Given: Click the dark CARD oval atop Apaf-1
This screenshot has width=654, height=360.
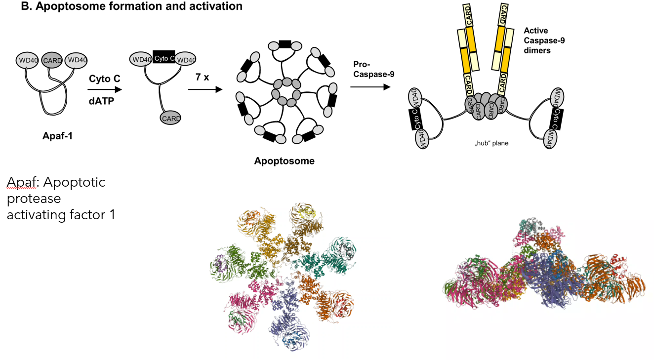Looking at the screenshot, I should click(x=52, y=61).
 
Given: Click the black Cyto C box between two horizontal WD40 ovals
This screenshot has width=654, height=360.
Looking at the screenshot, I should click(x=163, y=58).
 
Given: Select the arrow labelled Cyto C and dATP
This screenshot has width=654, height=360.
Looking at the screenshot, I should click(x=104, y=90).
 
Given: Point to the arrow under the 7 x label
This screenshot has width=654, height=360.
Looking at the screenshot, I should click(x=204, y=90).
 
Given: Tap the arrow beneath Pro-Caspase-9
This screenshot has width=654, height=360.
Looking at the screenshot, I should click(x=368, y=86).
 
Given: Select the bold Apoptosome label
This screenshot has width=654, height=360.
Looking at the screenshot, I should click(x=284, y=160).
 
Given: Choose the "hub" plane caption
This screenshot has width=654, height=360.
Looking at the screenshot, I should click(x=491, y=144).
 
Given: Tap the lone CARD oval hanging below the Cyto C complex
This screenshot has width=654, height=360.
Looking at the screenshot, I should click(x=170, y=118).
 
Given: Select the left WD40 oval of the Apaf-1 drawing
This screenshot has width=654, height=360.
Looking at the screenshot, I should click(x=28, y=60).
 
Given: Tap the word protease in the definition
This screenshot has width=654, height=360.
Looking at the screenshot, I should click(x=34, y=199).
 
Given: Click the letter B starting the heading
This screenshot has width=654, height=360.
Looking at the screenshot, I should click(x=23, y=6).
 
